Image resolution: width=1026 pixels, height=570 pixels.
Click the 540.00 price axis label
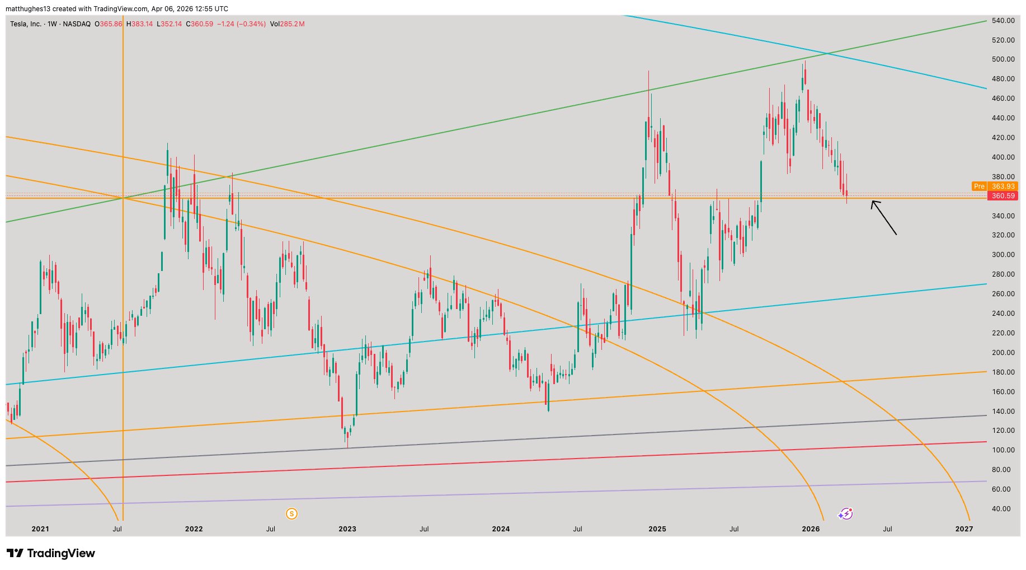(x=1003, y=21)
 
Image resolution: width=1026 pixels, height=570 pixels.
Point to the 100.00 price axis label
(x=1003, y=450)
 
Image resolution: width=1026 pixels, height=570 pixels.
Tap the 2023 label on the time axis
(x=347, y=529)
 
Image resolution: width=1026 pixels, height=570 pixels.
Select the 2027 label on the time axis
(x=964, y=529)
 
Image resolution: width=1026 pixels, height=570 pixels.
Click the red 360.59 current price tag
(x=1003, y=196)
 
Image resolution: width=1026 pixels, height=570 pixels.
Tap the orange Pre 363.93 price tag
(x=994, y=186)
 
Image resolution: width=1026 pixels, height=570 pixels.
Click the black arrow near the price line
(x=884, y=217)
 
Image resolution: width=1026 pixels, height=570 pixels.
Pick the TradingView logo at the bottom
(x=51, y=553)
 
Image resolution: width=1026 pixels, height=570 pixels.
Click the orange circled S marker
(x=291, y=513)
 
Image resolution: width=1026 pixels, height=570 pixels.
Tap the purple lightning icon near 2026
(x=845, y=513)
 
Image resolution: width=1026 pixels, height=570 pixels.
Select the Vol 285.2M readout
(x=287, y=24)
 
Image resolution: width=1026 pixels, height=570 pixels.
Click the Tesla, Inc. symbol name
(x=26, y=24)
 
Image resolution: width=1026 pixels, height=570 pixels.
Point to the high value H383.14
(x=139, y=24)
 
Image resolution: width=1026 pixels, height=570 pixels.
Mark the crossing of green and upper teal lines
(x=827, y=54)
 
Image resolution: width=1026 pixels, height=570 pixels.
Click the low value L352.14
(x=169, y=24)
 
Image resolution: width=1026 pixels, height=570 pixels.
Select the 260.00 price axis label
(x=1003, y=294)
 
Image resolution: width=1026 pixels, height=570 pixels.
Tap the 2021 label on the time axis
(x=40, y=529)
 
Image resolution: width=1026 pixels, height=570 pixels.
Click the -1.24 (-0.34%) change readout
(x=241, y=24)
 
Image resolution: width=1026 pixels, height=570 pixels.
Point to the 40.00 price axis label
(x=1003, y=509)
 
